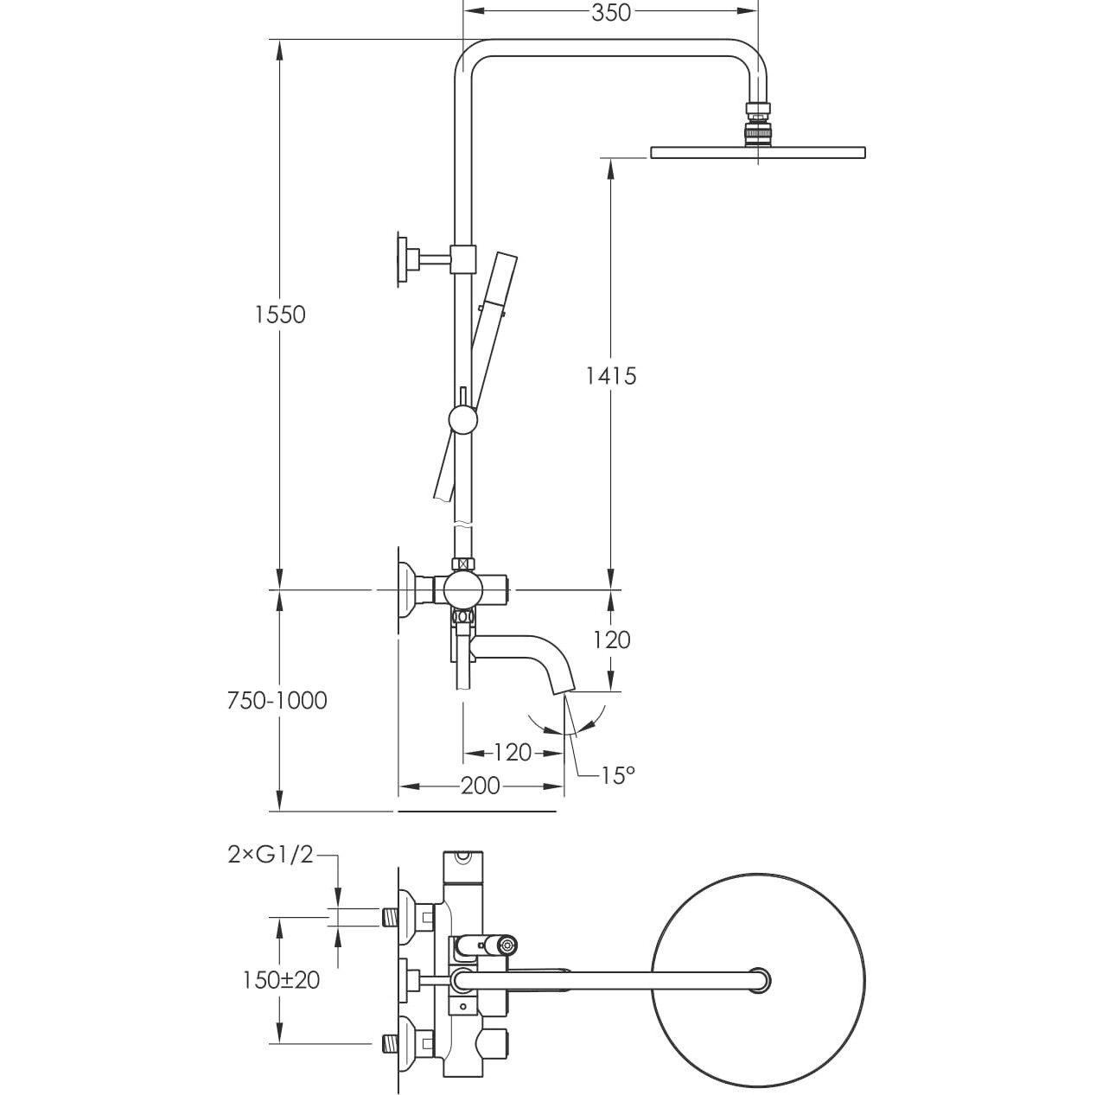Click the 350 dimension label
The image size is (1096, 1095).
click(611, 12)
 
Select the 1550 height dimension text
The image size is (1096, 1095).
click(280, 314)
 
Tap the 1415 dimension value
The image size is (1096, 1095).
click(611, 376)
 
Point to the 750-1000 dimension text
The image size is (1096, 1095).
click(277, 700)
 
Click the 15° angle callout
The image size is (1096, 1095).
click(618, 775)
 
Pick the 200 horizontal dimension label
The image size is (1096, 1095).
click(481, 786)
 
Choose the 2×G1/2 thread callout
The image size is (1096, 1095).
click(270, 855)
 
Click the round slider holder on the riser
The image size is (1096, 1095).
click(463, 420)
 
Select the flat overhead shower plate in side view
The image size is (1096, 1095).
click(757, 153)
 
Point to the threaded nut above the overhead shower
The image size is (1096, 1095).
click(758, 122)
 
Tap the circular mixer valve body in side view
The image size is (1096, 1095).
click(463, 590)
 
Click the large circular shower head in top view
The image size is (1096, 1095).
click(761, 977)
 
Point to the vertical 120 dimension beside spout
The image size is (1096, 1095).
click(612, 640)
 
